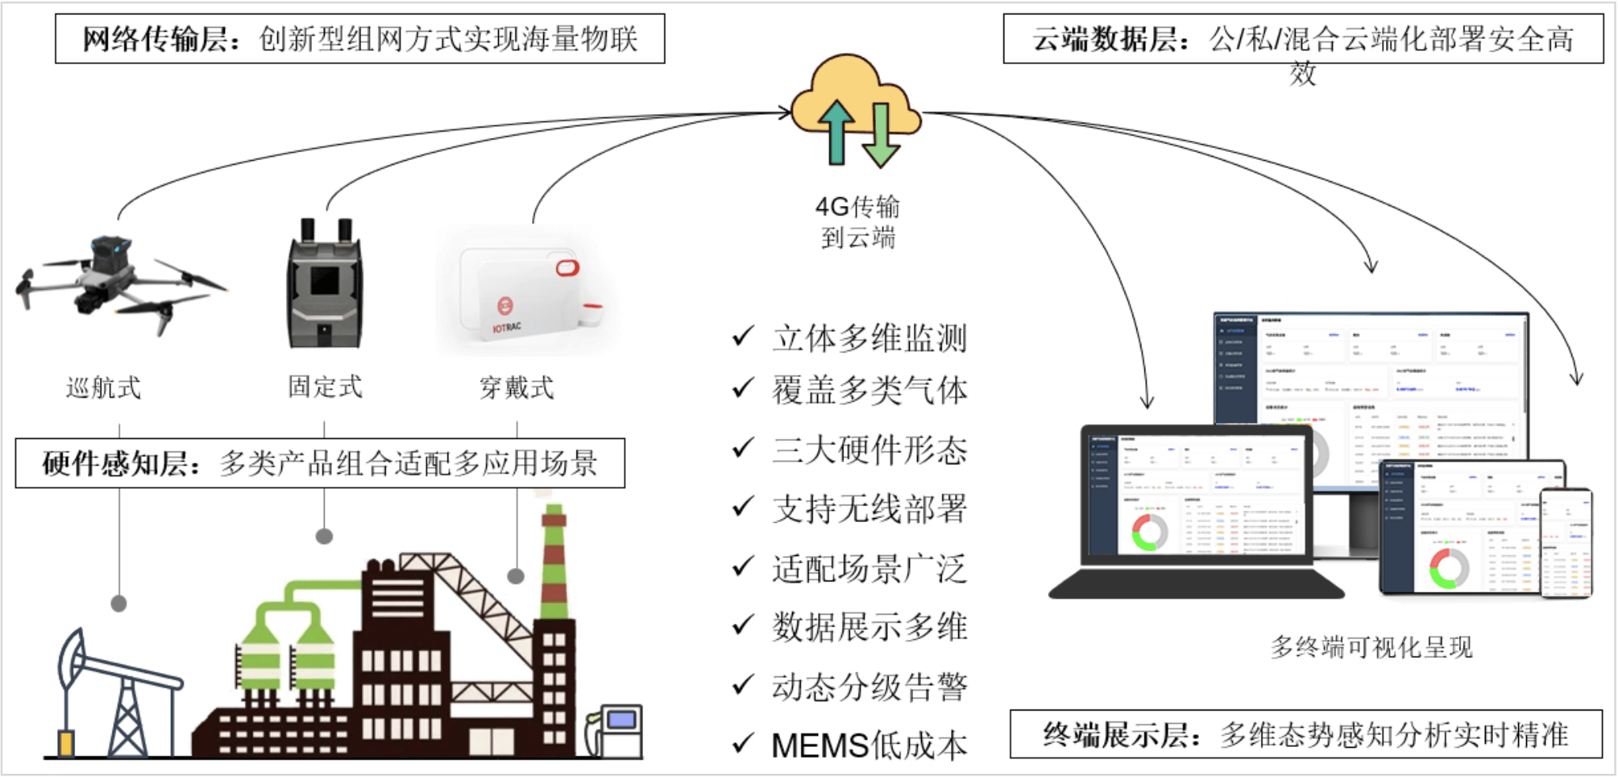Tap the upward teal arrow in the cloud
click(x=836, y=131)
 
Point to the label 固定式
click(x=325, y=387)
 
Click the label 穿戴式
click(x=516, y=387)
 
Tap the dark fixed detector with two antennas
click(x=325, y=285)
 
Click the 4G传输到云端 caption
click(x=858, y=222)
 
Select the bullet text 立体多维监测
click(x=870, y=338)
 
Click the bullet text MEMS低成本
click(x=870, y=745)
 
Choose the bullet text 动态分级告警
click(x=870, y=687)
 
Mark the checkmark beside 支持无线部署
click(x=743, y=506)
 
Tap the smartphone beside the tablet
click(x=1566, y=543)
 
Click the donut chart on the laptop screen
click(x=1150, y=531)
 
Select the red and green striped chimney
click(x=554, y=562)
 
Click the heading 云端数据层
click(x=1106, y=39)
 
